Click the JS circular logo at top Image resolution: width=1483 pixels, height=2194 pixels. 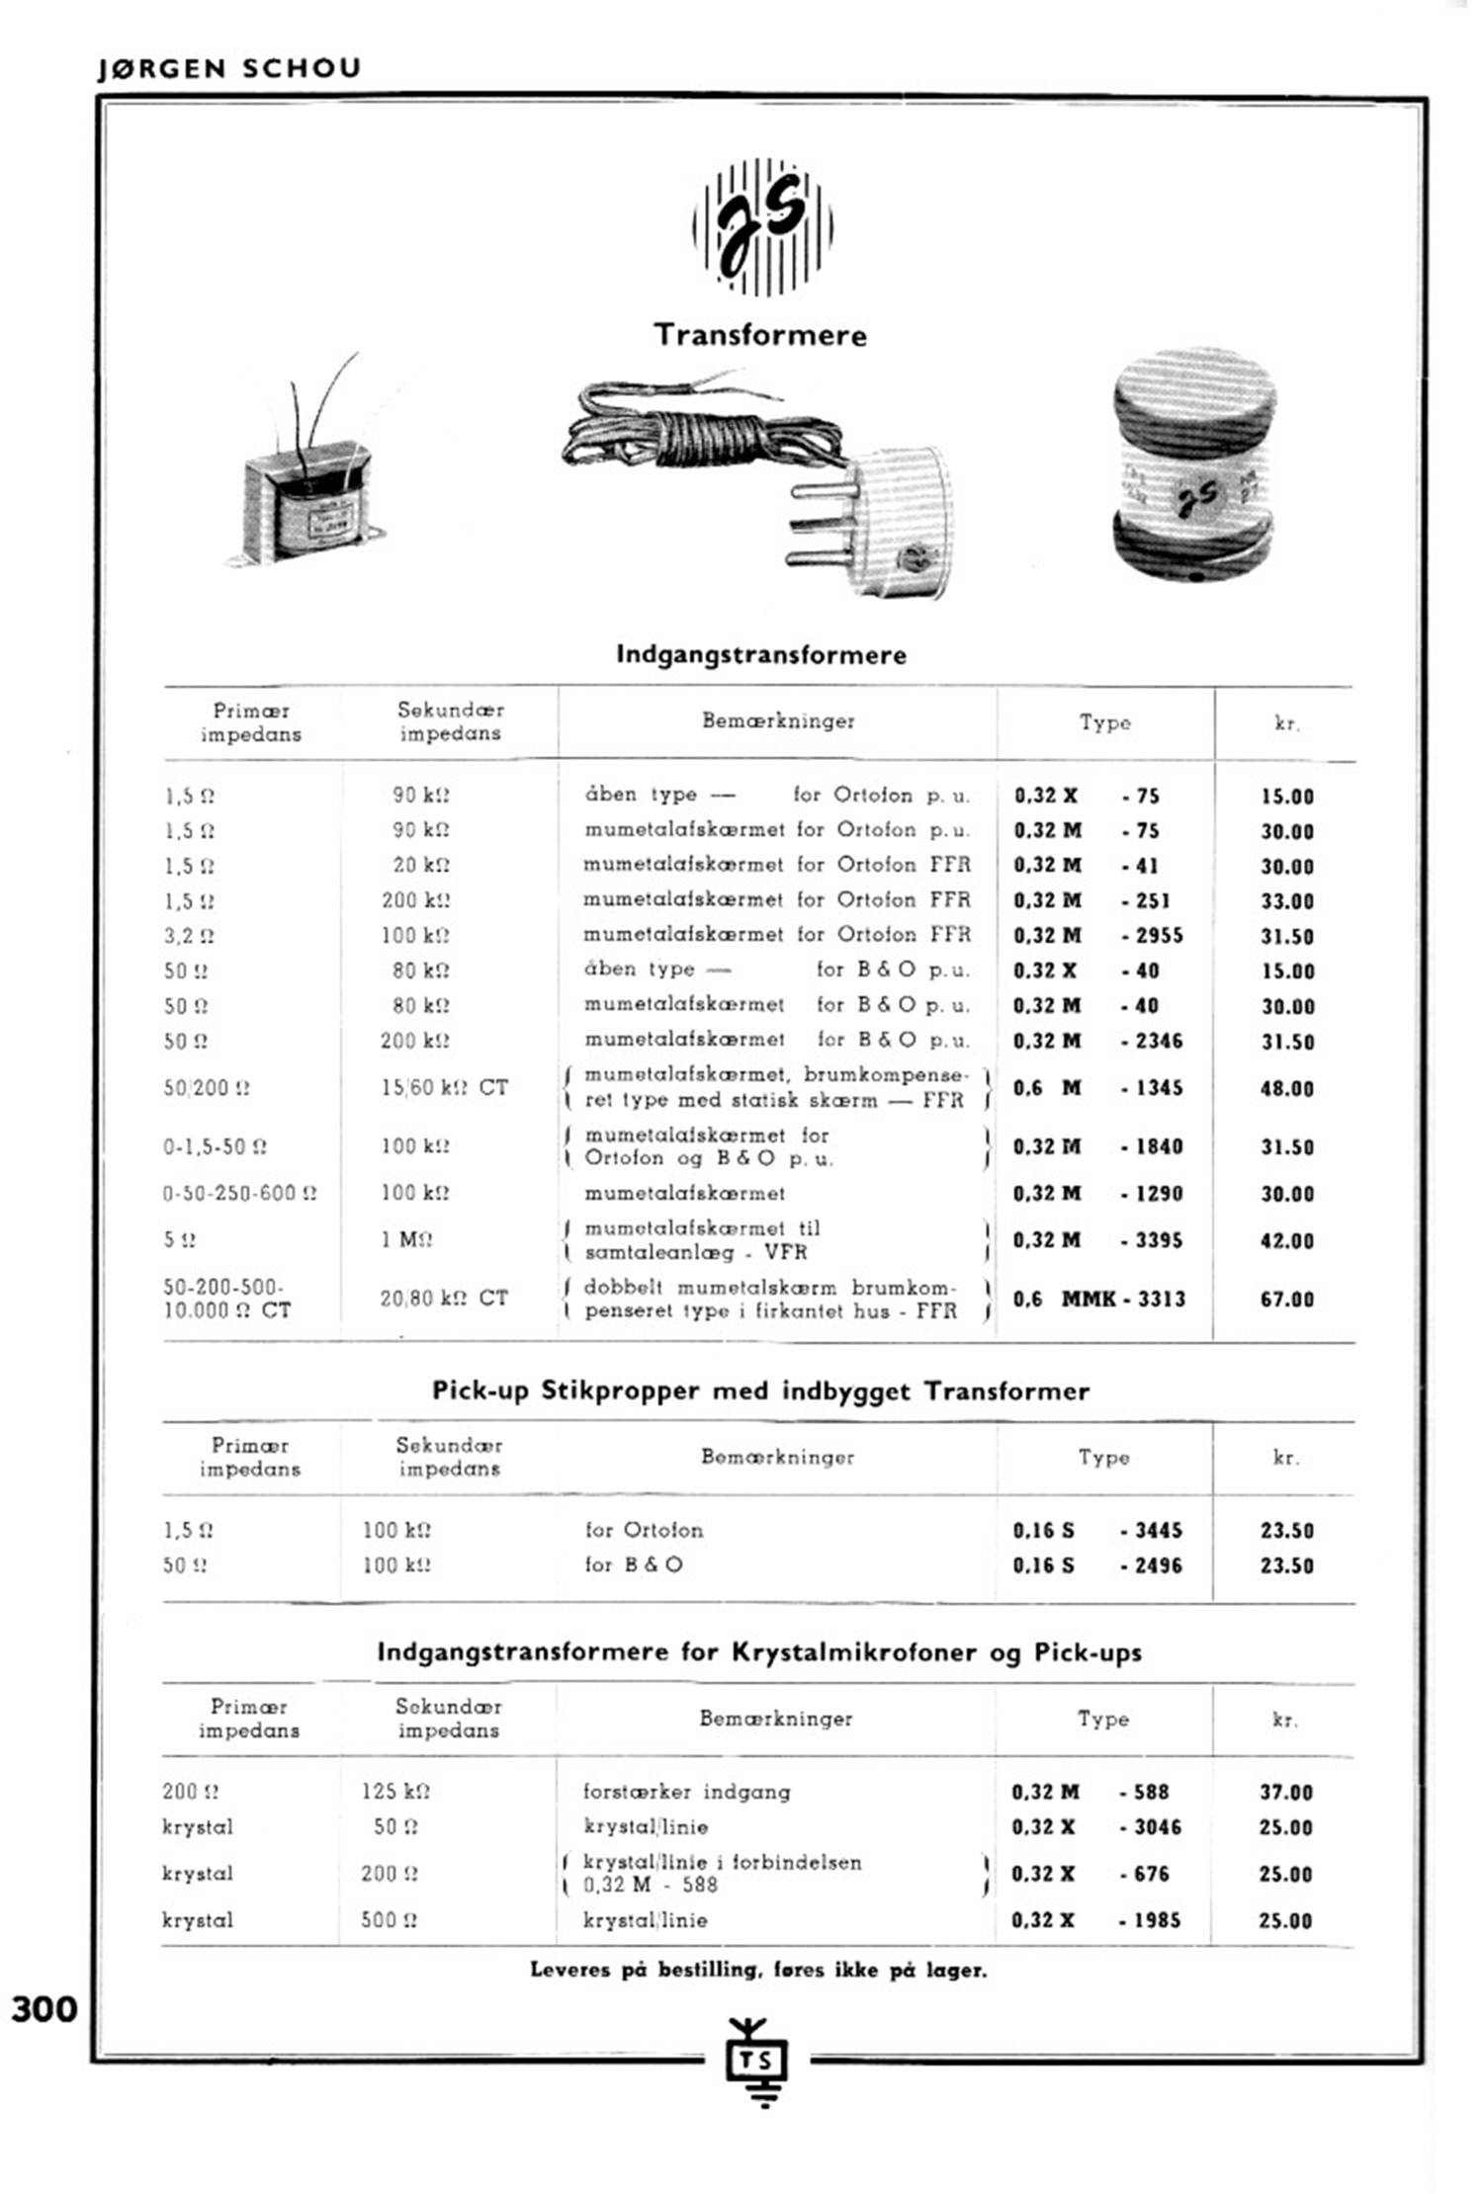(x=762, y=227)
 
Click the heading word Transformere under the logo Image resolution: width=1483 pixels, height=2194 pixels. (x=760, y=335)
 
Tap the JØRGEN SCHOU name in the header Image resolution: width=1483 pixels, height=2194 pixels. (x=229, y=68)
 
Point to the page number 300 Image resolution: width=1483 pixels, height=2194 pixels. (x=44, y=2009)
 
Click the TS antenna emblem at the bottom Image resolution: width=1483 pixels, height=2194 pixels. (x=758, y=2060)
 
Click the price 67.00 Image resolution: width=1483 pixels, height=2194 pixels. (x=1287, y=1300)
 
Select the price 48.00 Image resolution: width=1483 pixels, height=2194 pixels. (x=1287, y=1089)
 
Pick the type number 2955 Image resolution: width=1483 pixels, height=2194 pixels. (x=1153, y=936)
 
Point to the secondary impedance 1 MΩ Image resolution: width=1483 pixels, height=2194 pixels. (x=407, y=1240)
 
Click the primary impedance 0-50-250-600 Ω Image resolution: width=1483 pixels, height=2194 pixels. (x=240, y=1194)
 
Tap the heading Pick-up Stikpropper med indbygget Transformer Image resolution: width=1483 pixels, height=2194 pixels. (x=760, y=1392)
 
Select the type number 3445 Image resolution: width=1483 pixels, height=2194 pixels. (x=1153, y=1531)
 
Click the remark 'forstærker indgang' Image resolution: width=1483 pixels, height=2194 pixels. (x=686, y=1792)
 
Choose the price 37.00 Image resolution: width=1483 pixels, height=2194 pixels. (x=1286, y=1793)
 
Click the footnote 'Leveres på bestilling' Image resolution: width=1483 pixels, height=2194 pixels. (x=758, y=1970)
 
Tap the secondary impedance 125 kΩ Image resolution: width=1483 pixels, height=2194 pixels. (x=395, y=1792)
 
